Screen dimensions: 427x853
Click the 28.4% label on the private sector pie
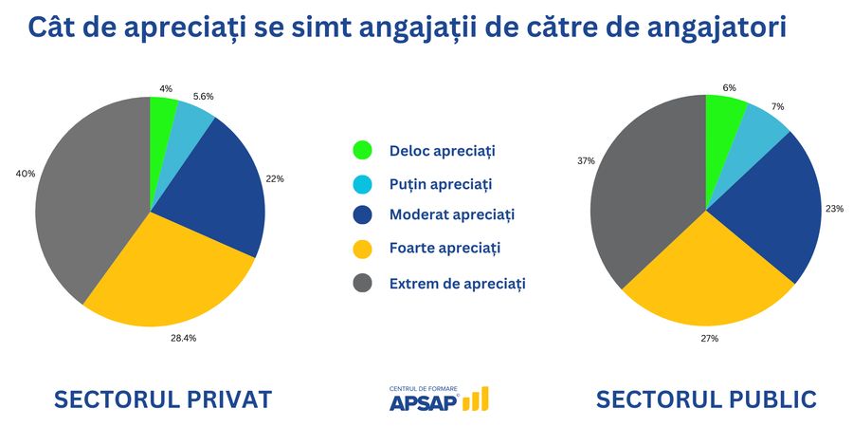tap(185, 338)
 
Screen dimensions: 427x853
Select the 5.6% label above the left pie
tap(203, 96)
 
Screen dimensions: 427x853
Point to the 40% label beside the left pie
tap(25, 174)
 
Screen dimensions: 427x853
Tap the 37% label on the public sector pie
tap(586, 160)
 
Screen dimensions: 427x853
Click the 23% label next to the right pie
tap(835, 208)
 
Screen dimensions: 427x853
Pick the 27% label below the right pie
tap(710, 338)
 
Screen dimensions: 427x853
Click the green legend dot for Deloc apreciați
tap(362, 150)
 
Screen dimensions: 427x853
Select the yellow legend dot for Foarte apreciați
tap(362, 250)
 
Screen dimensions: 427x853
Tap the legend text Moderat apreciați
tap(451, 214)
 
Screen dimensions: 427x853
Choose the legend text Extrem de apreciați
tap(457, 283)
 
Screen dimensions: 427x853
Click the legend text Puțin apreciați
tap(441, 183)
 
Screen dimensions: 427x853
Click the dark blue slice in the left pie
tap(213, 190)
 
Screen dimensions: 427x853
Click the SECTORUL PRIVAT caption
tap(163, 399)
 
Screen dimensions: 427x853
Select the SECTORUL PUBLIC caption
tap(706, 399)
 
